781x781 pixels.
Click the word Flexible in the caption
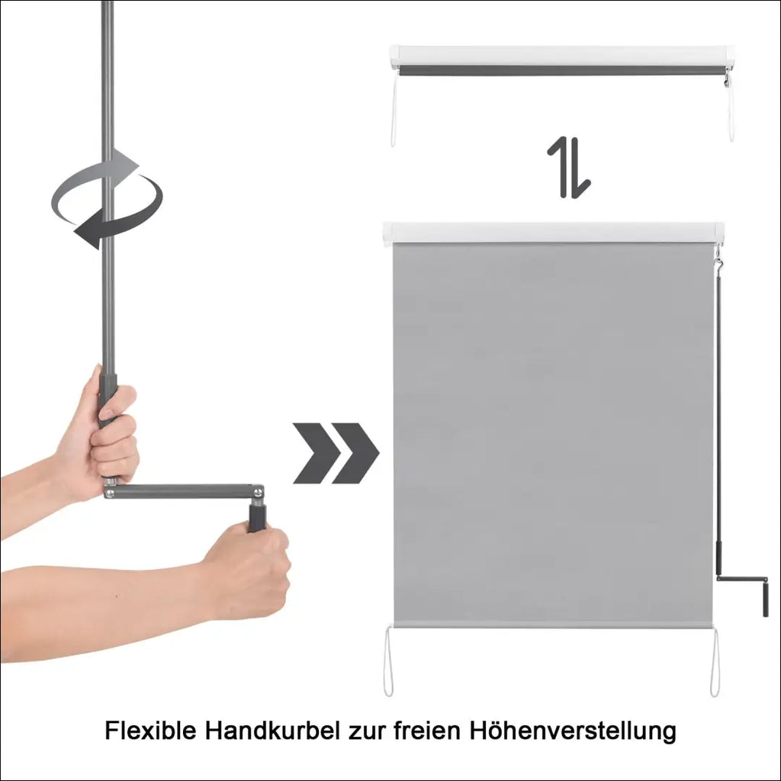click(x=150, y=731)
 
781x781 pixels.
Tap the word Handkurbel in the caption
click(x=273, y=731)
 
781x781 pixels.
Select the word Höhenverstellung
click(x=572, y=731)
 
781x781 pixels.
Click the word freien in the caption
click(x=427, y=731)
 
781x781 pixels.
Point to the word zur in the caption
click(x=367, y=733)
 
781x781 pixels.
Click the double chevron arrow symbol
click(x=336, y=453)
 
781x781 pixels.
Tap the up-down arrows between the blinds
click(x=569, y=167)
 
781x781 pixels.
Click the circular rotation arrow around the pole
click(x=107, y=198)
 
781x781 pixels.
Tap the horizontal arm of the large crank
click(x=184, y=491)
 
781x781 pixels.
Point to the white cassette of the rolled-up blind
click(x=561, y=55)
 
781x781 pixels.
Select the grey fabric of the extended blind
click(x=553, y=433)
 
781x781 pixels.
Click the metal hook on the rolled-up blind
click(x=727, y=79)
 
